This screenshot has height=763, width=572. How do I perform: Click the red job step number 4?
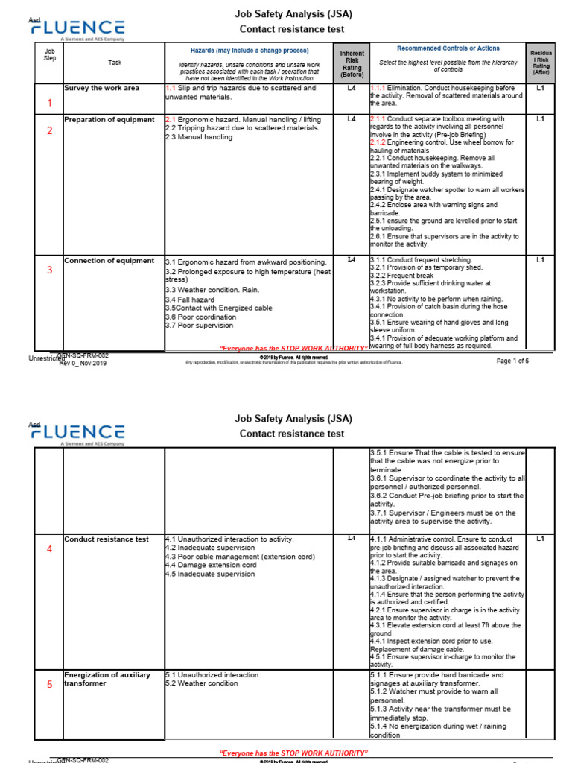(50, 549)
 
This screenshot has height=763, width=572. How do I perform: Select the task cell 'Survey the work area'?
(101, 88)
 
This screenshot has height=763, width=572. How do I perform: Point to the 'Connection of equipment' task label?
(109, 261)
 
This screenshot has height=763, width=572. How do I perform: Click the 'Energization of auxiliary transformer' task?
(107, 679)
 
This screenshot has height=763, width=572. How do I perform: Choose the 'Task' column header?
(115, 63)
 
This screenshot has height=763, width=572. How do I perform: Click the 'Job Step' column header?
(50, 54)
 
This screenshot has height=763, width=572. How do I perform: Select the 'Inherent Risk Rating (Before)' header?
(352, 64)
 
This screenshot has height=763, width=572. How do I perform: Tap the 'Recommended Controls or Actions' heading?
(448, 48)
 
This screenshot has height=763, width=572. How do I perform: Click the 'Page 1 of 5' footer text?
(512, 361)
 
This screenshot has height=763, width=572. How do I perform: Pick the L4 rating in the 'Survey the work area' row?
(352, 88)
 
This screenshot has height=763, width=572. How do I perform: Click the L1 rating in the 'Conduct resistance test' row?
(541, 538)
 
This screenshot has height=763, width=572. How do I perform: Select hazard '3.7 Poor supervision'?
(200, 326)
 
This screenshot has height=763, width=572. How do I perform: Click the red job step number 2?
(50, 131)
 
